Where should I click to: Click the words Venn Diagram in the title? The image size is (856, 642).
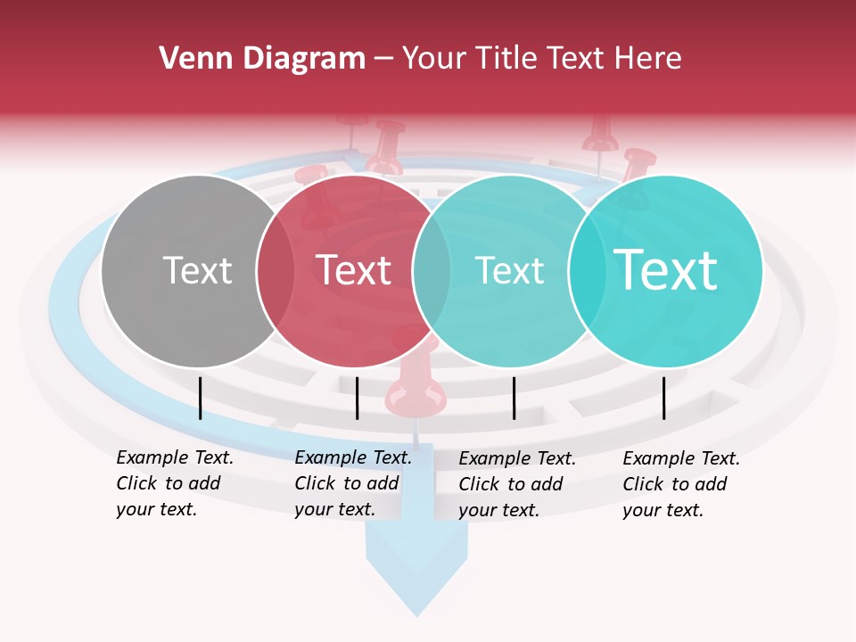coord(262,59)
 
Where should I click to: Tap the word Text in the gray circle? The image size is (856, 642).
coord(197,270)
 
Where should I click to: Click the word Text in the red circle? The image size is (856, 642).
coord(353,270)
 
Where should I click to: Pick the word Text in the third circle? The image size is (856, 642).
coord(509,270)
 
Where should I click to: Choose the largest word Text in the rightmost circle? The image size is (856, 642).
coord(665,270)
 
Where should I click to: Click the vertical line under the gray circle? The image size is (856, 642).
coord(200,398)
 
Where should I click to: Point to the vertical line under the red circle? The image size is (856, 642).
coord(357,398)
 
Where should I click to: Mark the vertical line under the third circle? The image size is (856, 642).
coord(514,398)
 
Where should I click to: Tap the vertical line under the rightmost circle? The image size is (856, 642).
coord(664,398)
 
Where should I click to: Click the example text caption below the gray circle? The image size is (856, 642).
coord(174,483)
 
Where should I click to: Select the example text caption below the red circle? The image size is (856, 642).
coord(352,483)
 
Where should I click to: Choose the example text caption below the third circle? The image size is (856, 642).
coord(516,484)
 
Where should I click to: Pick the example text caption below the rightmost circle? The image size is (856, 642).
coord(680,484)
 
